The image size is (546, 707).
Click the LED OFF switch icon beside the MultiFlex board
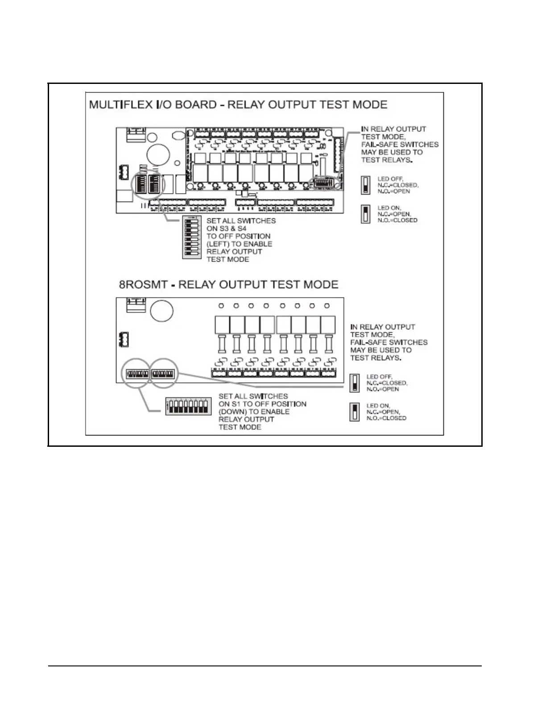pos(366,185)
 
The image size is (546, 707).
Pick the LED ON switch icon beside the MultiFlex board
pos(366,214)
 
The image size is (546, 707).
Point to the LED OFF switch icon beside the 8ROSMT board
pos(354,383)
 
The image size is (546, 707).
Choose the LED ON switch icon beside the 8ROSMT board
pos(354,412)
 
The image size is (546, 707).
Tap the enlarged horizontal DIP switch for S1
pos(187,406)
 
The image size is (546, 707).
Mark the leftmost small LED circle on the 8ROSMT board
pos(221,306)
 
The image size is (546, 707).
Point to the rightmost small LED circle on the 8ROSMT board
pos(327,306)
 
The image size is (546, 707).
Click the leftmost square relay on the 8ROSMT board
pos(222,324)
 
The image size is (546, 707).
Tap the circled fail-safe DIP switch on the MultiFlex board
pos(324,183)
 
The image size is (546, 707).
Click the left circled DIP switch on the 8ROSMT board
pos(136,374)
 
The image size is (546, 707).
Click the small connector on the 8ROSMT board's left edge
pos(124,340)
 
